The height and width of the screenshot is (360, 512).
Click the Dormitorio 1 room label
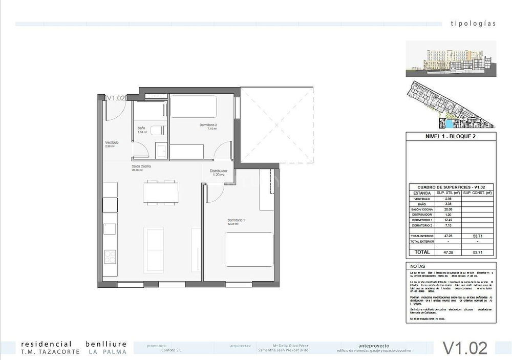(x=237, y=221)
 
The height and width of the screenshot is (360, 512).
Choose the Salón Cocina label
(x=141, y=167)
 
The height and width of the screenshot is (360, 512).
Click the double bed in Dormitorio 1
(x=249, y=249)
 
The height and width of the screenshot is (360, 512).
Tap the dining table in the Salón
(x=160, y=193)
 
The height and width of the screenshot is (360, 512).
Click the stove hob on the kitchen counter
(x=110, y=257)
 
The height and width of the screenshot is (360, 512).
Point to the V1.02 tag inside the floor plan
(x=115, y=98)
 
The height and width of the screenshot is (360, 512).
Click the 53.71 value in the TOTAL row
(x=477, y=252)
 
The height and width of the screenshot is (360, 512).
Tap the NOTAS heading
(x=418, y=266)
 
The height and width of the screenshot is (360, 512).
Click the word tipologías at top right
(x=473, y=24)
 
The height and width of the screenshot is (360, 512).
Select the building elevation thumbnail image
(x=451, y=58)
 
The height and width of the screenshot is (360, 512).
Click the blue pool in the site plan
(x=449, y=124)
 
